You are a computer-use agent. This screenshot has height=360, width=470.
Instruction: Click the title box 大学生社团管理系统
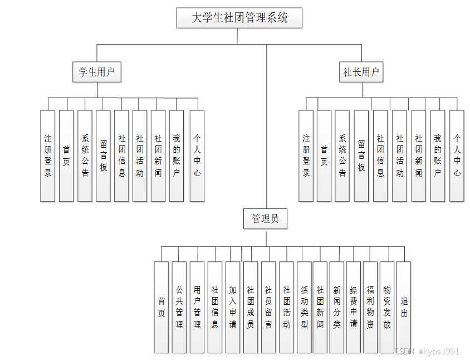(x=239, y=18)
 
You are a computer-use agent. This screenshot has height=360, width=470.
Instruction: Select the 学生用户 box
(x=97, y=72)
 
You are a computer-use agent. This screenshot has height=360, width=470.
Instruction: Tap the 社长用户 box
(x=362, y=72)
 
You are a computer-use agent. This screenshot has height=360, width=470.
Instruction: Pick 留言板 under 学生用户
(x=103, y=155)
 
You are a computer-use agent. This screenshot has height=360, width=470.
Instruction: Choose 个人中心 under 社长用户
(x=457, y=155)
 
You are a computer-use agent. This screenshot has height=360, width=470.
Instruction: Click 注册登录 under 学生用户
(x=48, y=155)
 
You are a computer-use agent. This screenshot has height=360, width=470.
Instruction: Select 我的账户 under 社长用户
(x=438, y=155)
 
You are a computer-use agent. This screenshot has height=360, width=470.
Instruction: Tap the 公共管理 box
(x=179, y=307)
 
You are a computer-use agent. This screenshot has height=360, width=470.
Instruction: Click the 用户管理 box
(x=197, y=307)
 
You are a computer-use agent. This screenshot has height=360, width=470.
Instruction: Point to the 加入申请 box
(x=233, y=307)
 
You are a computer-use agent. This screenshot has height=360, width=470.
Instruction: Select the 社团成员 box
(x=251, y=307)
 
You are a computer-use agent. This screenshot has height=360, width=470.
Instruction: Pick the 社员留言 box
(x=268, y=307)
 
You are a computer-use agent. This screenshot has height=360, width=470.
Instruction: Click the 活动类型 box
(x=304, y=307)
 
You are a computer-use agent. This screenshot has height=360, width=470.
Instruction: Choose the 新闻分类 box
(x=336, y=307)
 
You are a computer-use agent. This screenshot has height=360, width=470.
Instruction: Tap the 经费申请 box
(x=353, y=307)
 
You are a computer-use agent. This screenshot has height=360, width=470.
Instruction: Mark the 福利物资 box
(x=370, y=307)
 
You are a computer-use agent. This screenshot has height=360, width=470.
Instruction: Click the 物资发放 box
(x=386, y=307)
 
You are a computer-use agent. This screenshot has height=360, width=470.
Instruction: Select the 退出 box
(x=404, y=307)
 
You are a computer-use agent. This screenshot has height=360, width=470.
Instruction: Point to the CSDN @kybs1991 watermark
(x=427, y=351)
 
